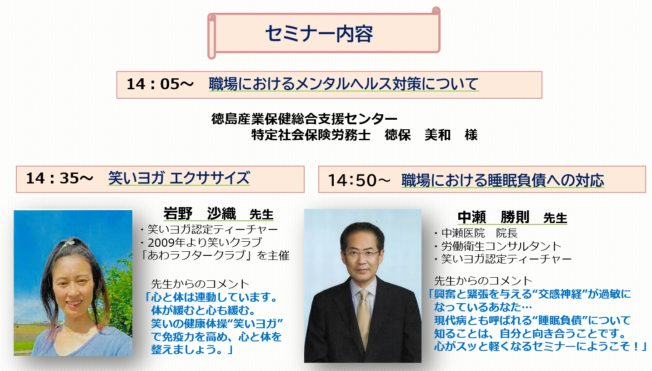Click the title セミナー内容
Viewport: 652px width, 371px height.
point(319,34)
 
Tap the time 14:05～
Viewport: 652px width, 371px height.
point(160,84)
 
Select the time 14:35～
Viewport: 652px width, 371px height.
point(60,178)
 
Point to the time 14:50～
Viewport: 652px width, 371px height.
point(359,180)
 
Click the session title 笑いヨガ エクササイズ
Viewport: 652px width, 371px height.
point(179,178)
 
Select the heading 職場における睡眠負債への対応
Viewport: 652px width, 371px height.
point(503,180)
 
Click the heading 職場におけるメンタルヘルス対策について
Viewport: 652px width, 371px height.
point(344,84)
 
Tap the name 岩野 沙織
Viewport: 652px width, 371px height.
point(200,213)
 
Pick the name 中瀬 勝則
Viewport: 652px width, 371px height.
point(493,217)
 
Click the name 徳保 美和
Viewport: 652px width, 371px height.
point(418,135)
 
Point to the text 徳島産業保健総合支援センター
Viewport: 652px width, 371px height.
point(304,119)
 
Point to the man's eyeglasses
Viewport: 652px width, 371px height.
point(362,254)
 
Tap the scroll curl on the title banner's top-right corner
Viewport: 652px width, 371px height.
point(436,11)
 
